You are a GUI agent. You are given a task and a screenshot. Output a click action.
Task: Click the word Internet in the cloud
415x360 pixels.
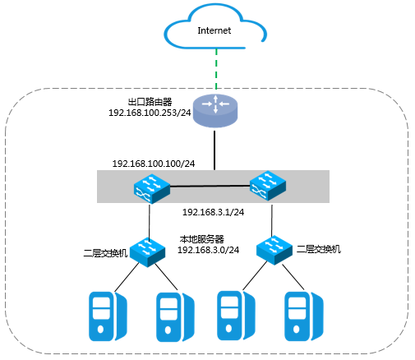[x=214, y=30]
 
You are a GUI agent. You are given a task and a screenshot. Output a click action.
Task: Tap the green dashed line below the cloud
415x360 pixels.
[x=216, y=69]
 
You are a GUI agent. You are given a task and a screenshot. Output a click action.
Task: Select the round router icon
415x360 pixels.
[x=215, y=111]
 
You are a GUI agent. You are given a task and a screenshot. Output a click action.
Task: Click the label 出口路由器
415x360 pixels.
[x=150, y=102]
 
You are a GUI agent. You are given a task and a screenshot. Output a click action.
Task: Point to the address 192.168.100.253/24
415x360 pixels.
[x=150, y=113]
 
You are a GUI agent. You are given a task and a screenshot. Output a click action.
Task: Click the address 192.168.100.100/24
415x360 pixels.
[x=154, y=164]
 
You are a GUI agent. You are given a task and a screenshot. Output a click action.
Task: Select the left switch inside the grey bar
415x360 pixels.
[x=152, y=188]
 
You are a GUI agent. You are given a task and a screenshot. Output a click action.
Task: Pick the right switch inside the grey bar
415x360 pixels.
[x=268, y=186]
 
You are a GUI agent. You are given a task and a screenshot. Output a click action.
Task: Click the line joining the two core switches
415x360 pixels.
[x=210, y=186]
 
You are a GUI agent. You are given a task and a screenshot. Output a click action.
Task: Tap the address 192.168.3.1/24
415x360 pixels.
[x=213, y=212]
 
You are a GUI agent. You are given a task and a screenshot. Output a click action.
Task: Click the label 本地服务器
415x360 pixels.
[x=202, y=239]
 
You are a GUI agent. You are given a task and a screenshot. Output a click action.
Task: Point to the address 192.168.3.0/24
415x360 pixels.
[x=208, y=250]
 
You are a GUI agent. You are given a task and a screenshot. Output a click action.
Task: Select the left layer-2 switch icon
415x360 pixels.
[x=147, y=252]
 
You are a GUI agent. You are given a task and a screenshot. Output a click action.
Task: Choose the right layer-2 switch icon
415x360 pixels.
[x=274, y=250]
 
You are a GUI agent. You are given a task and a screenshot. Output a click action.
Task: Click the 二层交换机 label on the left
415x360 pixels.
[x=105, y=253]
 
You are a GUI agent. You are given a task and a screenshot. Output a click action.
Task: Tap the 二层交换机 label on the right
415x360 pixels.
[x=319, y=249]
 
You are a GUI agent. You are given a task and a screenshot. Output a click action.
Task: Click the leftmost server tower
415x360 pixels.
[x=108, y=316]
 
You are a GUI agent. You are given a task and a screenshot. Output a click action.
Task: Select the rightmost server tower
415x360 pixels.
[x=304, y=316]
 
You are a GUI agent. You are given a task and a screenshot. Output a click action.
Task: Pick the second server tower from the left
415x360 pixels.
[x=175, y=317]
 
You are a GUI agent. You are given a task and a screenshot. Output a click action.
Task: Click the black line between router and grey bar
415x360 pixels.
[x=214, y=150]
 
